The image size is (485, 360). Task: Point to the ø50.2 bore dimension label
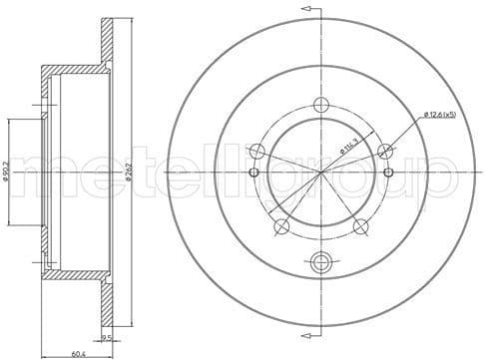[x=9, y=172]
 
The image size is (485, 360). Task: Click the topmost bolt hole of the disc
[x=320, y=105]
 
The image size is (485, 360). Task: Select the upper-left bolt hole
[x=256, y=151]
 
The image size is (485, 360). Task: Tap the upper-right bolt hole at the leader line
[x=384, y=151]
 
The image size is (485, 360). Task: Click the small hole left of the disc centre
[x=253, y=172]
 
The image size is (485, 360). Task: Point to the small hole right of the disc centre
[x=388, y=172]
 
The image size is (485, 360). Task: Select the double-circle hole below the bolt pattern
[x=320, y=262]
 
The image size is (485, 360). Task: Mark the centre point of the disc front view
[x=320, y=172]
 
